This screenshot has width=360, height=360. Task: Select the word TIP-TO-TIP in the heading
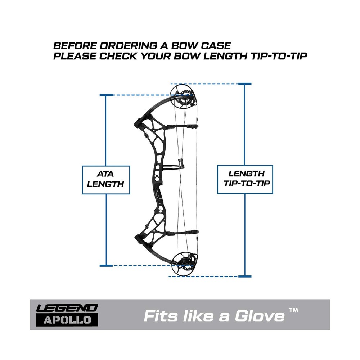279,56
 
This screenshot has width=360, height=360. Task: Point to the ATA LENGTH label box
106,180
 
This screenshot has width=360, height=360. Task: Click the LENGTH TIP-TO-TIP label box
245,179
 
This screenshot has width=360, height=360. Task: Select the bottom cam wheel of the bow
184,265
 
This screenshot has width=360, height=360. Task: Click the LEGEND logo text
67,308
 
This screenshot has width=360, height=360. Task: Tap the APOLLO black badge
67,320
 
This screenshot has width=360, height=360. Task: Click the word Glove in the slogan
260,316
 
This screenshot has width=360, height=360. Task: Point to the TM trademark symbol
293,311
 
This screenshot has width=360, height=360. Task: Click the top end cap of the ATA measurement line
106,95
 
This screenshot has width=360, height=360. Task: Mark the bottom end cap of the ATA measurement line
106,266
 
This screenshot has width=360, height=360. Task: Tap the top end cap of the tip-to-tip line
245,84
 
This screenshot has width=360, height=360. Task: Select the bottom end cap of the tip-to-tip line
245,276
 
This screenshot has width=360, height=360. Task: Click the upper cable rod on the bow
182,126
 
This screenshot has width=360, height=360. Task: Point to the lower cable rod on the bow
182,233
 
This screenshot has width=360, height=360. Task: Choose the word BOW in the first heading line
185,46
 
